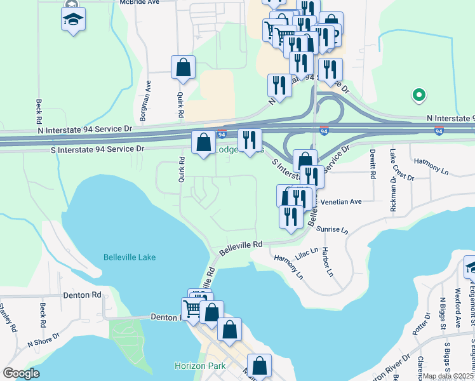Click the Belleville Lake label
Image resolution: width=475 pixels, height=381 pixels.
pyautogui.click(x=130, y=257)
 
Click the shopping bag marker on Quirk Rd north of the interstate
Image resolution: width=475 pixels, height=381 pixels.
pyautogui.click(x=183, y=68)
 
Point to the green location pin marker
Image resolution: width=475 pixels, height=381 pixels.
pyautogui.click(x=418, y=95)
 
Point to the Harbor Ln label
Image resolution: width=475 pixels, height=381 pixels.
pyautogui.click(x=327, y=262)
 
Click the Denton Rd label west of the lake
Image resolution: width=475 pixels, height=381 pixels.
pyautogui.click(x=83, y=295)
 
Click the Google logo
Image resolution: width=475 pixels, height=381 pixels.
pyautogui.click(x=22, y=373)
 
